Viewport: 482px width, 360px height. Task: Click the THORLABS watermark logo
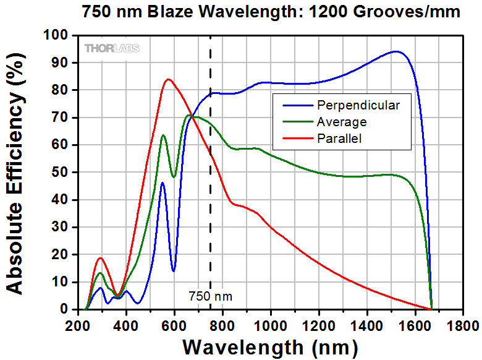pos(112,48)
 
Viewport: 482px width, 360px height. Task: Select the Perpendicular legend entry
pos(358,105)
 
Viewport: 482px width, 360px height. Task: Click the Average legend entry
pos(341,122)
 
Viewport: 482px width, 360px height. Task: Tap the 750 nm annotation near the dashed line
pos(211,296)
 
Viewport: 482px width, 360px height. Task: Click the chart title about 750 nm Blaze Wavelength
pos(271,12)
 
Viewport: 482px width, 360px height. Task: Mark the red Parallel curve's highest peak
pos(168,79)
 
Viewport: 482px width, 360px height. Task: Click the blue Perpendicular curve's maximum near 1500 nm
pos(395,52)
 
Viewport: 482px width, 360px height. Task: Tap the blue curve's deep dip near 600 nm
pos(174,270)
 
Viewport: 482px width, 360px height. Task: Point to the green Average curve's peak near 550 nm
pos(163,135)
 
